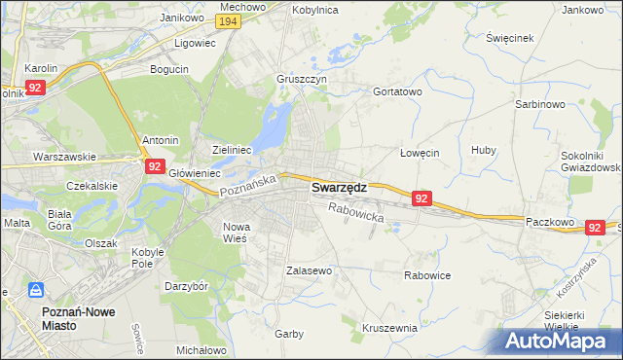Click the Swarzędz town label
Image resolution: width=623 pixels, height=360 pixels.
point(339,189)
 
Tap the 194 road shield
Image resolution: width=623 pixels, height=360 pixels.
point(229,21)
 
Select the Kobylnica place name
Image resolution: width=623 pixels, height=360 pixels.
point(313,9)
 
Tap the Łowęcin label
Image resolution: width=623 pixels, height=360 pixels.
point(421,153)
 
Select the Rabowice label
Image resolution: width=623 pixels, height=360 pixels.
point(427,275)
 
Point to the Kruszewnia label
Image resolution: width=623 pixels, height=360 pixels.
point(389,328)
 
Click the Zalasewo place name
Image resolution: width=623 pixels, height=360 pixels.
point(310,270)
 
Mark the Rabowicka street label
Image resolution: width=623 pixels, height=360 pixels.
point(356,212)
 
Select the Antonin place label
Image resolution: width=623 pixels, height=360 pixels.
point(161,140)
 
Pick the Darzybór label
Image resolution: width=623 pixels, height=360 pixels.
point(187,287)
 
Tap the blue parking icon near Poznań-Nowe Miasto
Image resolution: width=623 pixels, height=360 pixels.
point(35,290)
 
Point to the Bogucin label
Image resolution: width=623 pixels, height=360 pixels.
point(168,69)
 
